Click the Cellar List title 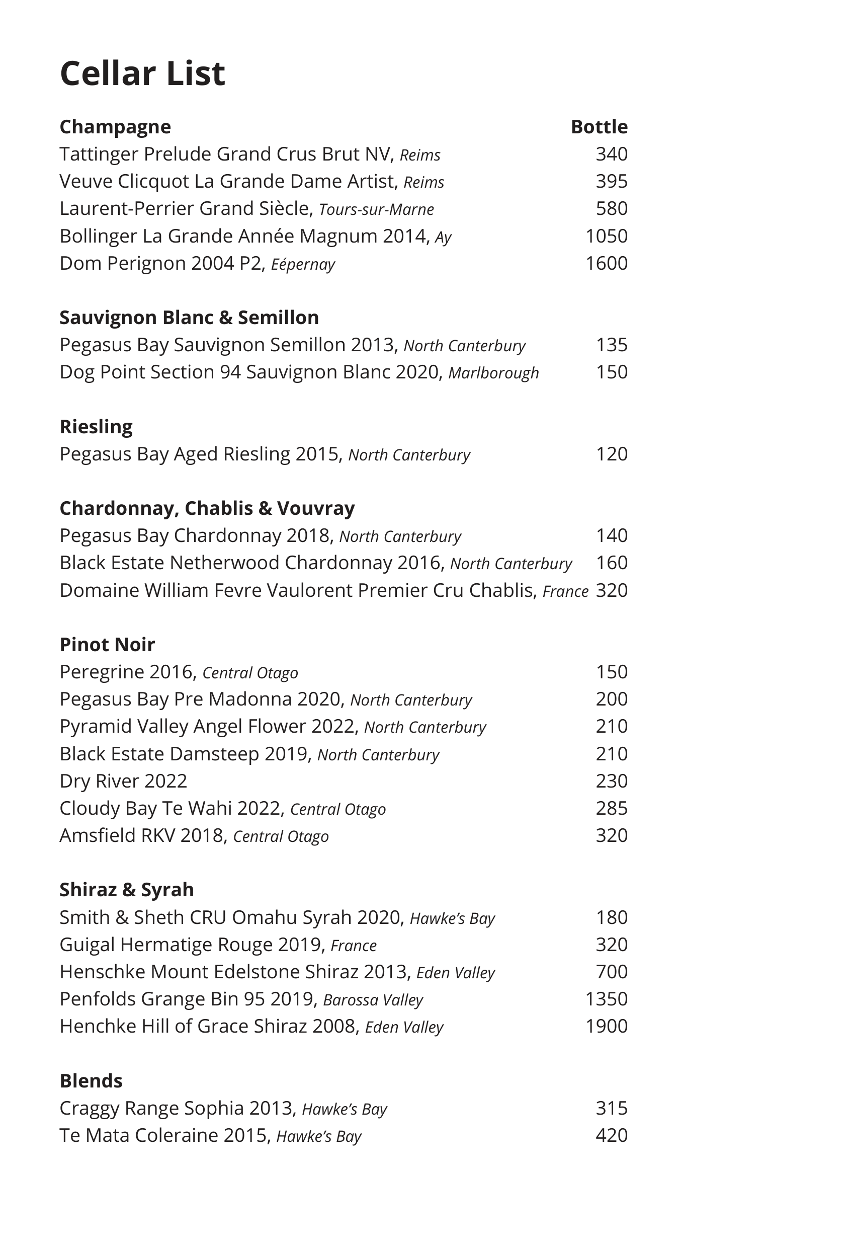[x=142, y=73]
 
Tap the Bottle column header [x=599, y=127]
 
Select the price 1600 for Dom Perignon [x=606, y=263]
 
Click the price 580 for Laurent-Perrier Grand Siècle [x=611, y=208]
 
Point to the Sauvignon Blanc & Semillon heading [x=189, y=318]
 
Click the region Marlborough [x=493, y=373]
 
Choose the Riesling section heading [x=96, y=426]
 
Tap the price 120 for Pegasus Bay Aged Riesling [x=611, y=454]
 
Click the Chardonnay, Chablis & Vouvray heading [x=207, y=508]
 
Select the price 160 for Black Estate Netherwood [x=611, y=563]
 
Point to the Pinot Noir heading [x=107, y=645]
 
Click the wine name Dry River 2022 [x=123, y=781]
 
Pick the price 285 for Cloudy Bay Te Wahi [x=611, y=808]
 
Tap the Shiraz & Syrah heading [x=127, y=890]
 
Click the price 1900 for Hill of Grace [x=606, y=1026]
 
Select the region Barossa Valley [x=373, y=1000]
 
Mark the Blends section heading [x=91, y=1080]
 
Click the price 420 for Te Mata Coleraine [x=611, y=1135]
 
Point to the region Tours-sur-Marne [x=376, y=209]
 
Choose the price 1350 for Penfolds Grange [x=606, y=999]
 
